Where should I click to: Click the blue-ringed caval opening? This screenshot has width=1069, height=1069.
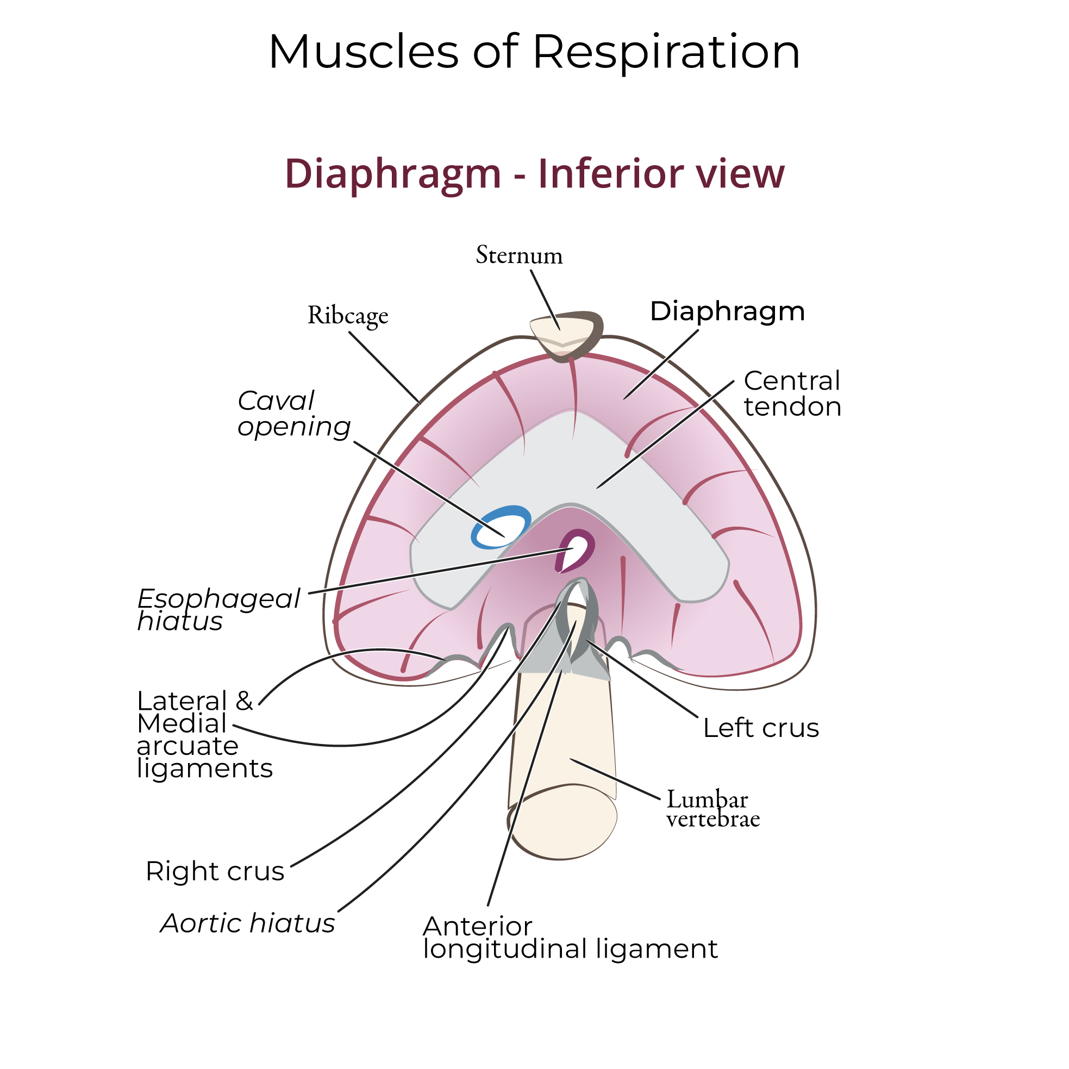click(x=499, y=527)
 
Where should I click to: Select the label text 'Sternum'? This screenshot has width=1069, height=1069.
click(x=519, y=255)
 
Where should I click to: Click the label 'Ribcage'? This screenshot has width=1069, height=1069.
click(x=347, y=315)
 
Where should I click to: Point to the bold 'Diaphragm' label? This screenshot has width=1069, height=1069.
click(x=727, y=311)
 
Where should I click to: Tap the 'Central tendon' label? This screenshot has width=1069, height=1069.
click(x=792, y=393)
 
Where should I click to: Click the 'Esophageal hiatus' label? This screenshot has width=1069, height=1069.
click(x=218, y=610)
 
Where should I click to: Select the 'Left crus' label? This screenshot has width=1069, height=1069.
click(x=761, y=728)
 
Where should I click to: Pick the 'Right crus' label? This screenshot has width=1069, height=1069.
click(x=215, y=872)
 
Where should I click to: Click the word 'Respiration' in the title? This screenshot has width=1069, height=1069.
click(x=666, y=52)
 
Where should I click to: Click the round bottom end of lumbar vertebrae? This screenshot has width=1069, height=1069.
click(x=562, y=822)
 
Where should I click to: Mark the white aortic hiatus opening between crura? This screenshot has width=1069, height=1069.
click(x=576, y=596)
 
